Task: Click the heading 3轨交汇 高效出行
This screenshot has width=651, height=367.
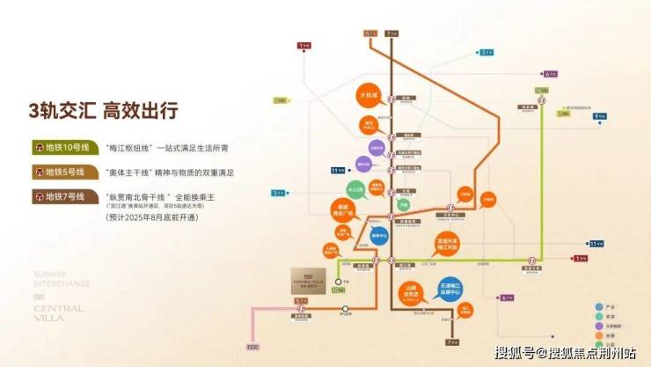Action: (x=103, y=111)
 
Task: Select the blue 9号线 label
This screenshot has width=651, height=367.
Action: (x=601, y=115)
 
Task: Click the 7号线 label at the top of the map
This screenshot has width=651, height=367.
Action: (x=391, y=33)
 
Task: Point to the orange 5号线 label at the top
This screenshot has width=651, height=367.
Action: (x=369, y=33)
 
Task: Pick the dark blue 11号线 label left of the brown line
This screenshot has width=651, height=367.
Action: (x=336, y=169)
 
